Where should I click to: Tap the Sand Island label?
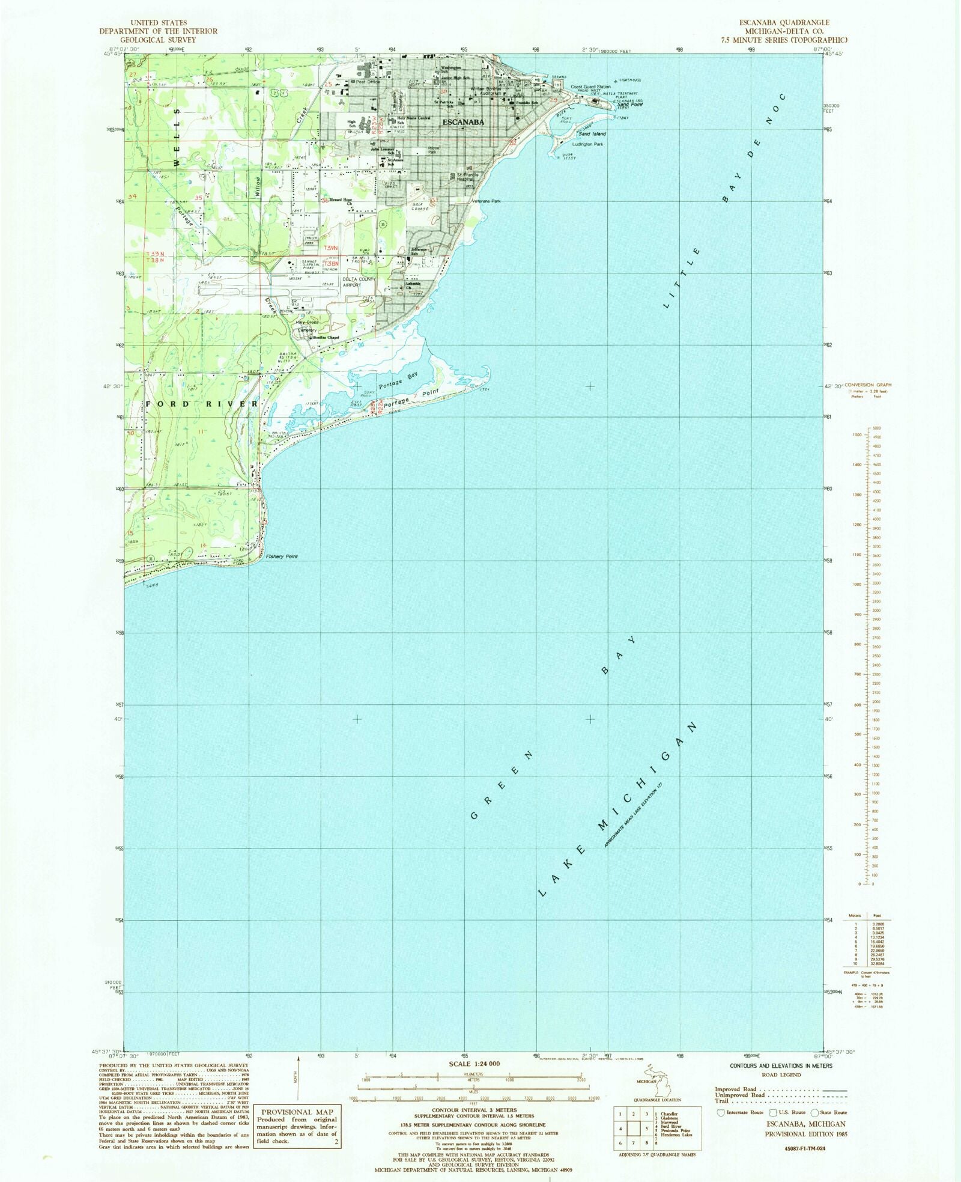(x=592, y=134)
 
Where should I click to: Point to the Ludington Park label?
(x=587, y=144)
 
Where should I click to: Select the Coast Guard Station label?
(x=590, y=87)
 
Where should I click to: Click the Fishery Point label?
(x=282, y=556)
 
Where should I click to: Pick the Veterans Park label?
(x=486, y=201)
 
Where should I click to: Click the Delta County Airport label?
(x=359, y=282)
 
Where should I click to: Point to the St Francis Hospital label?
(x=468, y=177)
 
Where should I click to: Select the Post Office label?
(x=368, y=82)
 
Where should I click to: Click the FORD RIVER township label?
(x=202, y=404)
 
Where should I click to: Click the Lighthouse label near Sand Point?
(x=630, y=80)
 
